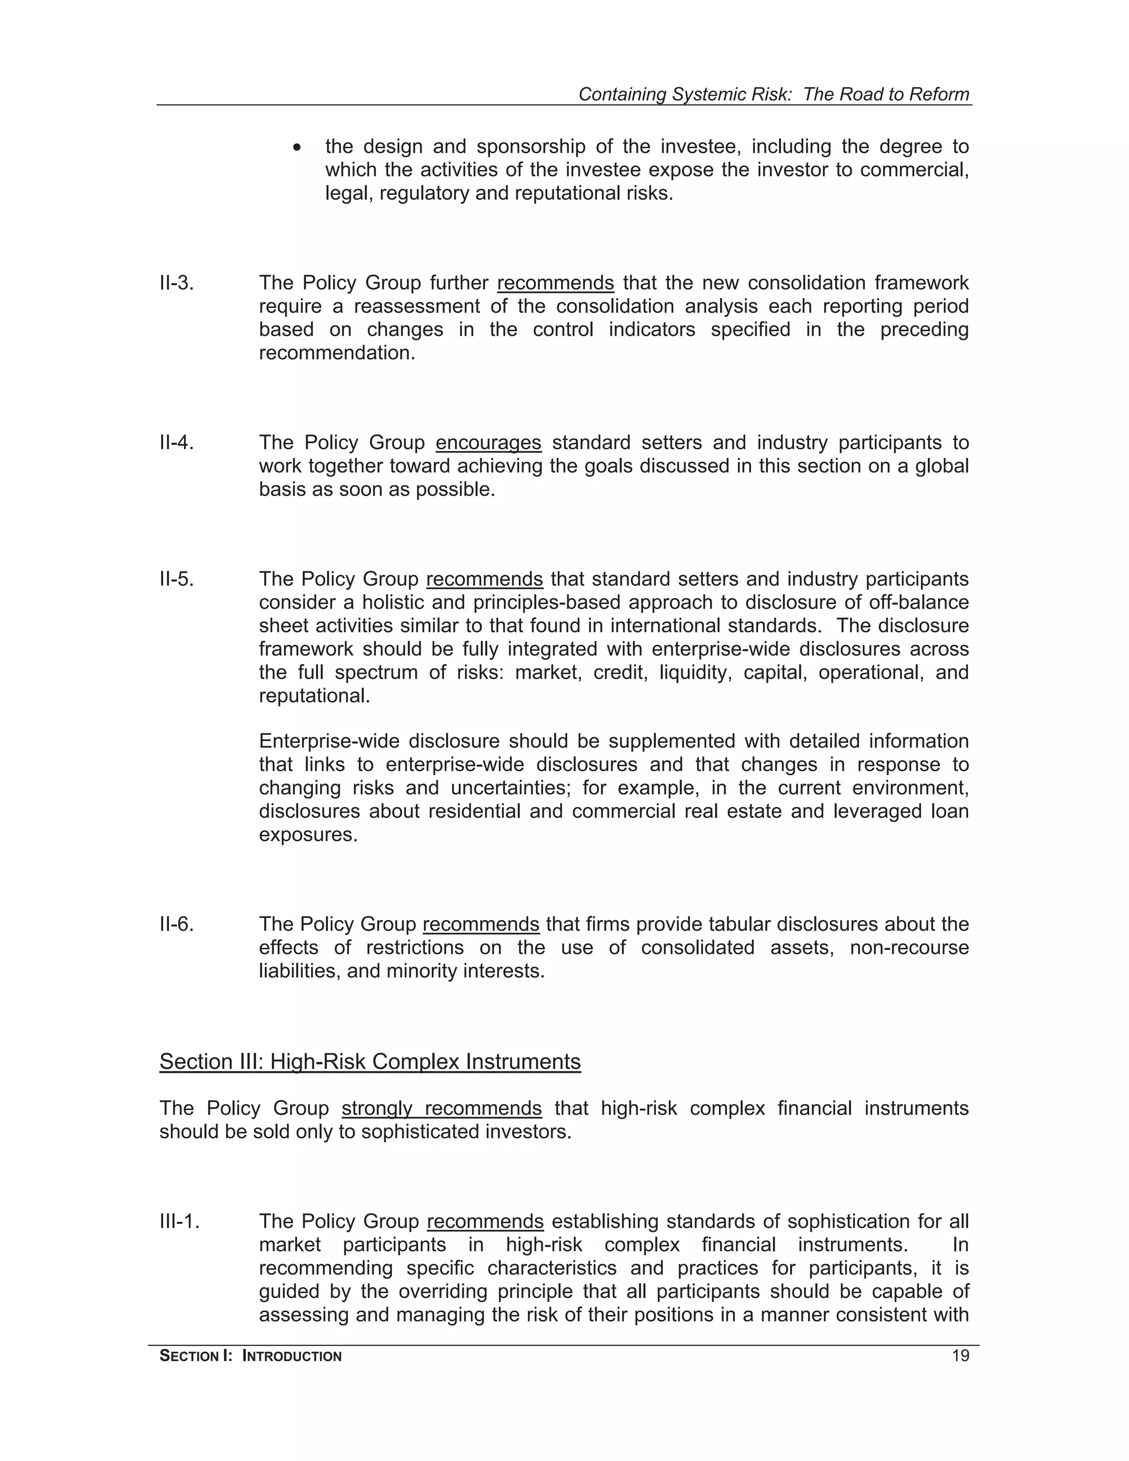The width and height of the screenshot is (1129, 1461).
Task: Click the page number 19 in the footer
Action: [960, 1356]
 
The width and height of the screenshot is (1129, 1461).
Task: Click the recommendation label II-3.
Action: [176, 283]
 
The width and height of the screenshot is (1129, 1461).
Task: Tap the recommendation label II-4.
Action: [176, 443]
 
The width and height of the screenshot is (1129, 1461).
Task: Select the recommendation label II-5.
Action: [176, 579]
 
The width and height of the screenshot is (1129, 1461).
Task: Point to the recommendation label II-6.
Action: [176, 925]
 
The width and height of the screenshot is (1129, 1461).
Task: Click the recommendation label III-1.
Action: [179, 1222]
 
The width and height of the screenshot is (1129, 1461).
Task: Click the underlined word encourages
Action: [488, 443]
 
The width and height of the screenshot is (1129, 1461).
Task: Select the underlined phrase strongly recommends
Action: [442, 1109]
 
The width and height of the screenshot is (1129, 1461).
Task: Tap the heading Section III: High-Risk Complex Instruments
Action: [370, 1062]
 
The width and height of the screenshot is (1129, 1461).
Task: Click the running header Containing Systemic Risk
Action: [773, 94]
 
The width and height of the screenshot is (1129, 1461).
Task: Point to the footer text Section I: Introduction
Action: [250, 1356]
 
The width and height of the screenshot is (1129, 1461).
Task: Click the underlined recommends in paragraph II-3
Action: [555, 283]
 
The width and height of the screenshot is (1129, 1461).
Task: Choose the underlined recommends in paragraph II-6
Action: [481, 925]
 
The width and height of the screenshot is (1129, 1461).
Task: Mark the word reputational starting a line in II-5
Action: [314, 696]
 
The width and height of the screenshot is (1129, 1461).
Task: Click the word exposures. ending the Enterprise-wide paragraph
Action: [308, 835]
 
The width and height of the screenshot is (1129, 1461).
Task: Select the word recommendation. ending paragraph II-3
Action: [337, 352]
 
